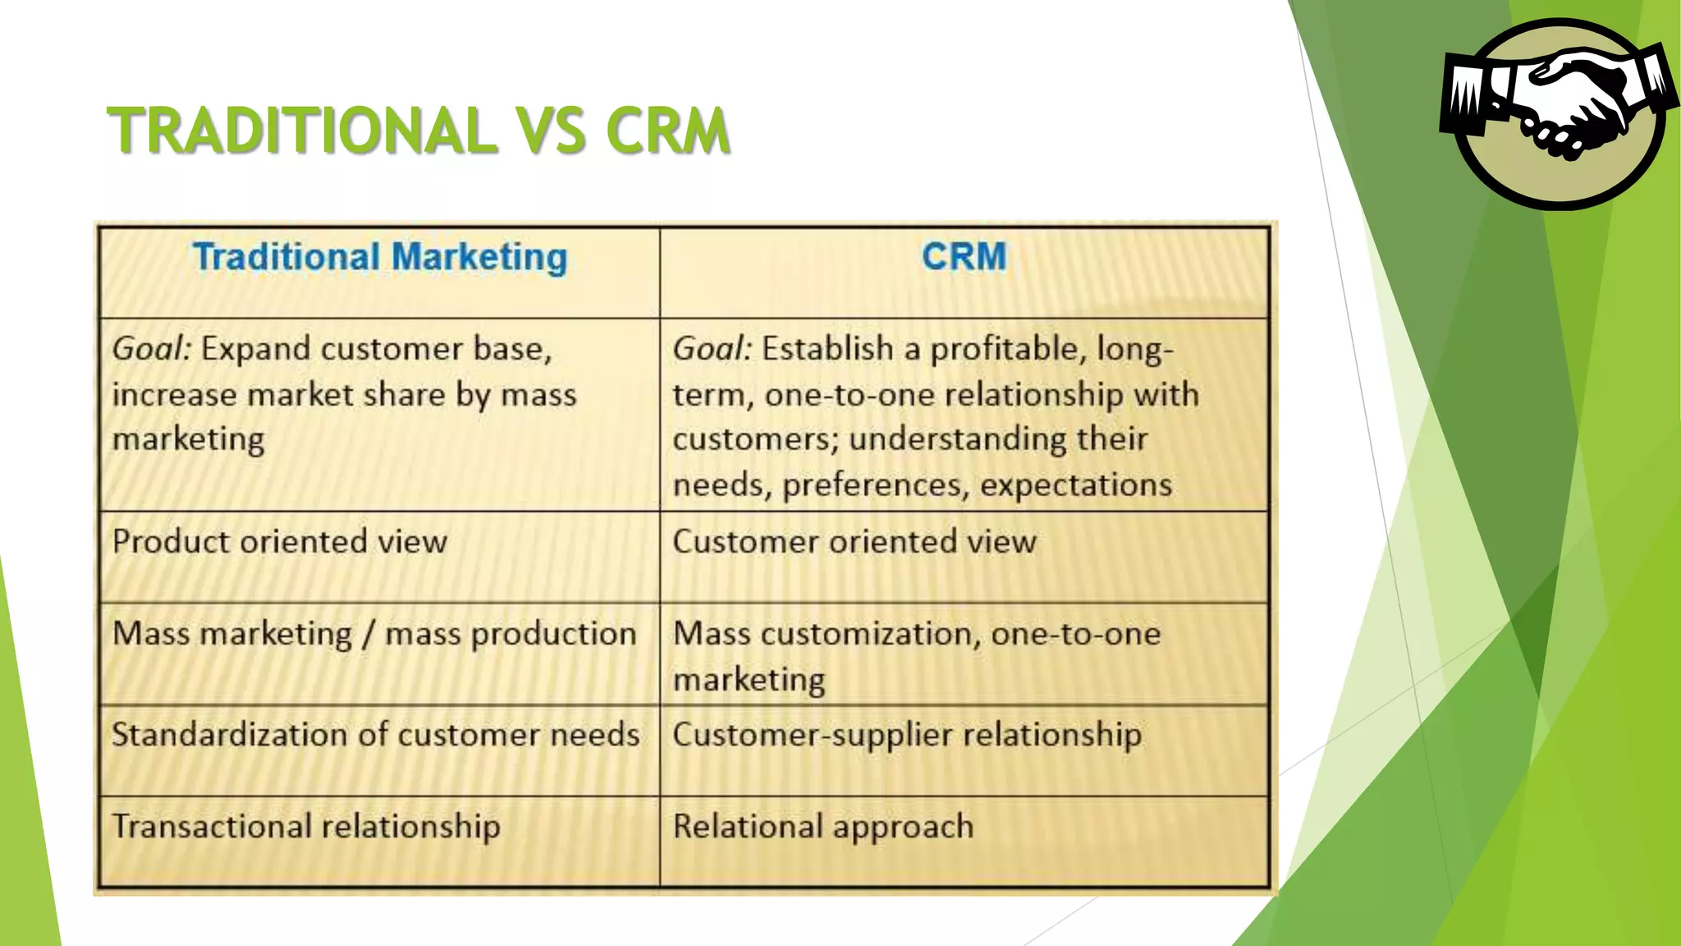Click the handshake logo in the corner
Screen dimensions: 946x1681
click(1558, 113)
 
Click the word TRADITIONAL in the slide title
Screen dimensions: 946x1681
click(302, 131)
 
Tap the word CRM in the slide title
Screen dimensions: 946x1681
click(667, 131)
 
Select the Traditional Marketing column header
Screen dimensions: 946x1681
click(380, 257)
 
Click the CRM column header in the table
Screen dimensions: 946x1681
click(964, 257)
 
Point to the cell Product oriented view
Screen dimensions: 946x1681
click(280, 542)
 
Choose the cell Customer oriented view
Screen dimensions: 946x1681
click(854, 542)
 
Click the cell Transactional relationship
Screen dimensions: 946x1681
click(306, 826)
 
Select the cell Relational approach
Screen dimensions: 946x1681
click(823, 826)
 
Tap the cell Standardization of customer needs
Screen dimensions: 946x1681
click(375, 734)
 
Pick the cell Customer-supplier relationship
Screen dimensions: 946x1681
click(907, 734)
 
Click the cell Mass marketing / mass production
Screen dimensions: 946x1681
click(374, 634)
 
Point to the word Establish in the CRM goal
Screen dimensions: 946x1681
click(827, 349)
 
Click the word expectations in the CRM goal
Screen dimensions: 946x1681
click(1075, 485)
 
